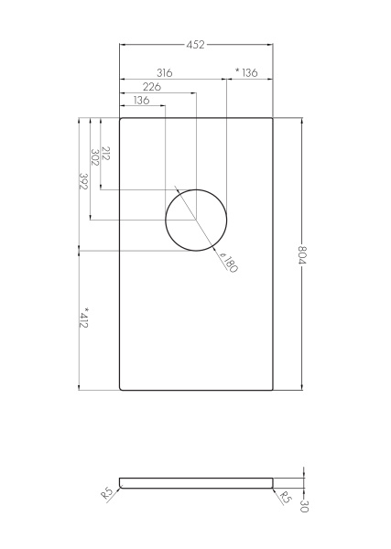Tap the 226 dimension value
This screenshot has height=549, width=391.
[153, 86]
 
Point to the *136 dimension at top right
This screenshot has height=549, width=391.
[246, 71]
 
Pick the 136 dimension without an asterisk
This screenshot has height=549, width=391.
[141, 101]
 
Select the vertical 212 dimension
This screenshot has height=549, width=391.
[106, 153]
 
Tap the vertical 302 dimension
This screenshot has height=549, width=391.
[95, 157]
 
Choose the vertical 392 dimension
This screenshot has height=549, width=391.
[83, 182]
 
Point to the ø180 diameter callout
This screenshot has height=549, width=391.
[227, 265]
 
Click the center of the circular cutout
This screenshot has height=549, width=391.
[195, 220]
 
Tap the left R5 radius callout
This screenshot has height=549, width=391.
[107, 494]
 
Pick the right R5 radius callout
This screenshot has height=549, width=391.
[284, 499]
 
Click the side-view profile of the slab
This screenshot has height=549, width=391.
[196, 481]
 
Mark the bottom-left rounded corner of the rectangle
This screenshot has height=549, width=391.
[122, 388]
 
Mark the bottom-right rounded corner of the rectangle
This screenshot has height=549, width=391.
[271, 388]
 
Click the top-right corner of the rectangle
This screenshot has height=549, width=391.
[271, 119]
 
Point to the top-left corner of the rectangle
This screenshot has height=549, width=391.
[122, 119]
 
